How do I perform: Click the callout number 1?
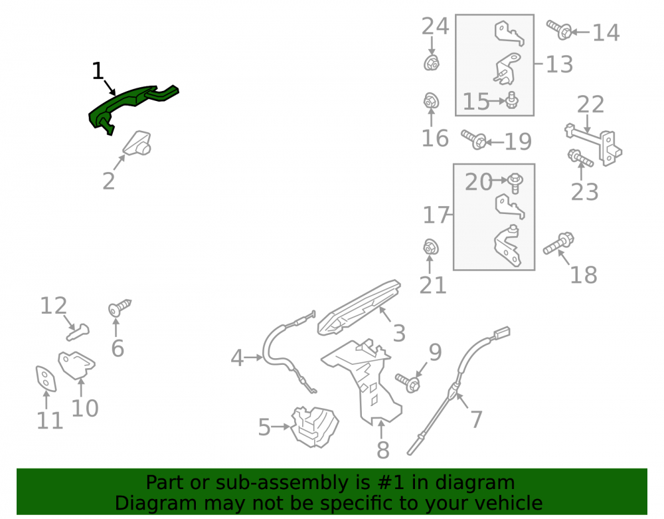click(98, 70)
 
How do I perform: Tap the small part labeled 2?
click(137, 143)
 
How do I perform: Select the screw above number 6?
click(120, 307)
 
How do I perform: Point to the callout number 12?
click(53, 306)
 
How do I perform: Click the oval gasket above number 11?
click(46, 378)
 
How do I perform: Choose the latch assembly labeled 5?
click(315, 427)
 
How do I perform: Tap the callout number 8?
click(383, 450)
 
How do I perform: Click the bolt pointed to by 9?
click(408, 383)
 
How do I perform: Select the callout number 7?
click(476, 419)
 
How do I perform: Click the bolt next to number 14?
click(559, 30)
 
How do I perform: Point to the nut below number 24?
click(431, 63)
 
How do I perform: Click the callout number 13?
click(559, 64)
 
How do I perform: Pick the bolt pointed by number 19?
click(474, 140)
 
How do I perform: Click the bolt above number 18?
click(558, 243)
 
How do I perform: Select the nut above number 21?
click(431, 247)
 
